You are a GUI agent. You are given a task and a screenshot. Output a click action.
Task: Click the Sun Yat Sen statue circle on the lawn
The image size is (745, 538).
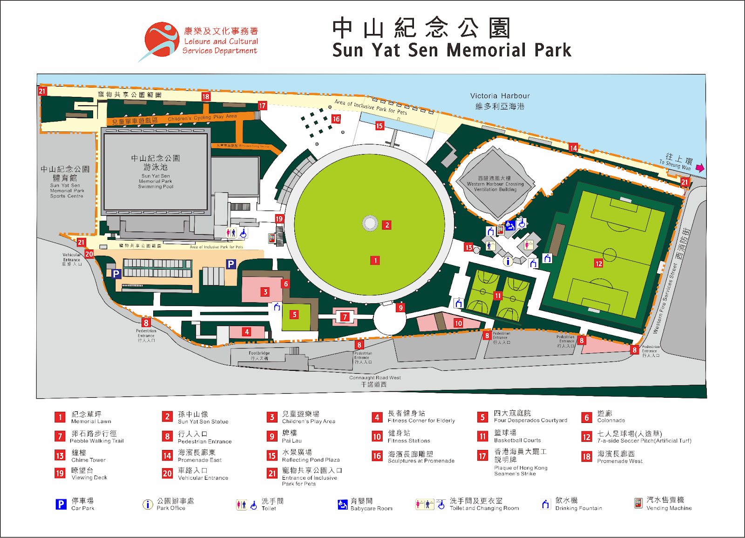[370, 224]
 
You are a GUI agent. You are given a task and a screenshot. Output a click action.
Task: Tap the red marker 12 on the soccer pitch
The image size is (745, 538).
[599, 264]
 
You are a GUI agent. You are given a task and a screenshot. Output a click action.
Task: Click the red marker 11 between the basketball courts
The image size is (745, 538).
[498, 295]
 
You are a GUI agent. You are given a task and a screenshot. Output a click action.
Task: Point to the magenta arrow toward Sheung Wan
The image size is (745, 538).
[699, 168]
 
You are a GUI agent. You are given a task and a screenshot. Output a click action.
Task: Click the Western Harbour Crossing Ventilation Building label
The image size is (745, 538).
[495, 184]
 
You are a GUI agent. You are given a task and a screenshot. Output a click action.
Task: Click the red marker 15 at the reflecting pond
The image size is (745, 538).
[379, 126]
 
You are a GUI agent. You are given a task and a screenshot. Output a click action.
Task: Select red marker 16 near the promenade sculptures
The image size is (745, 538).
[336, 119]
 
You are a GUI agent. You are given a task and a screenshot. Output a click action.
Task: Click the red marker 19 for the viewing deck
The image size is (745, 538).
[279, 218]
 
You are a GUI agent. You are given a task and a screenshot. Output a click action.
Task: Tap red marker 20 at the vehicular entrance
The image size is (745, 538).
[89, 254]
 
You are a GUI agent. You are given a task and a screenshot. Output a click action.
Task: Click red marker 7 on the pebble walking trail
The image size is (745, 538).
[345, 317]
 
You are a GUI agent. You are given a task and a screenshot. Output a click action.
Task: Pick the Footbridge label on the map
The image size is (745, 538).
[259, 355]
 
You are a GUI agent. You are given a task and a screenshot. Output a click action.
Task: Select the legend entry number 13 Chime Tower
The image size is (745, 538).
[60, 456]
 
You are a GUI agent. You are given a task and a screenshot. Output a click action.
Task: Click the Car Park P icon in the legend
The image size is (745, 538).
[61, 504]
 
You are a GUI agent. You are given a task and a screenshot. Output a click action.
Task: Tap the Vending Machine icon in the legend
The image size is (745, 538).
[638, 503]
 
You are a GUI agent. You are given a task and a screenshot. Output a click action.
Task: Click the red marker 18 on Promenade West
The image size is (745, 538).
[206, 96]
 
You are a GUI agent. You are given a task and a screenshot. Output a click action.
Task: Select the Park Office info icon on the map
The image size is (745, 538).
[508, 261]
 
